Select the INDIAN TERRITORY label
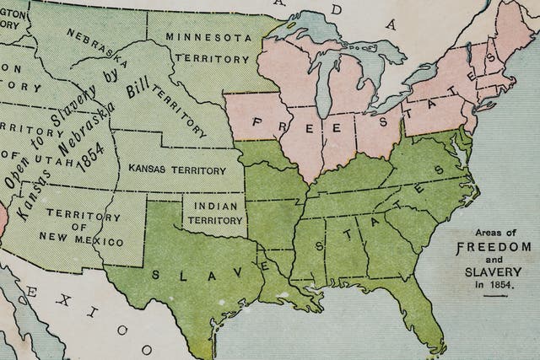pos(214,212)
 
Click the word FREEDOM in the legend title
pos(494,247)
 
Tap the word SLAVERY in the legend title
pos(494,272)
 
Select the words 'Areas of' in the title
pos(494,233)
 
